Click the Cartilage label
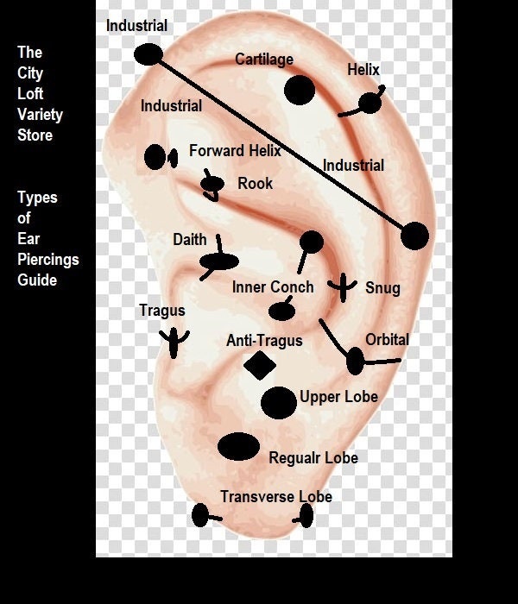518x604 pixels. (x=264, y=60)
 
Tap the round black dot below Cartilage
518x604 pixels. (x=300, y=90)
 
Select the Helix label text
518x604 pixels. (x=363, y=70)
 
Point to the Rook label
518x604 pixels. (x=256, y=183)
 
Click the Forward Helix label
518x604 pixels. (x=235, y=151)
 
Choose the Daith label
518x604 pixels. (x=190, y=240)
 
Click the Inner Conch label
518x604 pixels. (x=273, y=287)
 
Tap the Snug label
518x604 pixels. (x=382, y=288)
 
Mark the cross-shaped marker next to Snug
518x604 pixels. (x=343, y=287)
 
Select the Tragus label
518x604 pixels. (x=162, y=311)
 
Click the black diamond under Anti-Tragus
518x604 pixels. (x=260, y=365)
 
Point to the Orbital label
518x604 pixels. (x=388, y=340)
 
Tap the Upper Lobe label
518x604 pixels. (x=338, y=397)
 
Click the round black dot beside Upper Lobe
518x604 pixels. (x=279, y=403)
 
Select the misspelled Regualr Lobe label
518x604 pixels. (x=313, y=458)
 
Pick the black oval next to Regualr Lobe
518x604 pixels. (x=238, y=446)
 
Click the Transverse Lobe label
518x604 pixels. (x=276, y=496)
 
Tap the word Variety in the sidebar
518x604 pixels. (x=40, y=115)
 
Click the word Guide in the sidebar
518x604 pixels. (x=37, y=280)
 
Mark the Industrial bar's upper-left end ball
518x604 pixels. (x=148, y=54)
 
